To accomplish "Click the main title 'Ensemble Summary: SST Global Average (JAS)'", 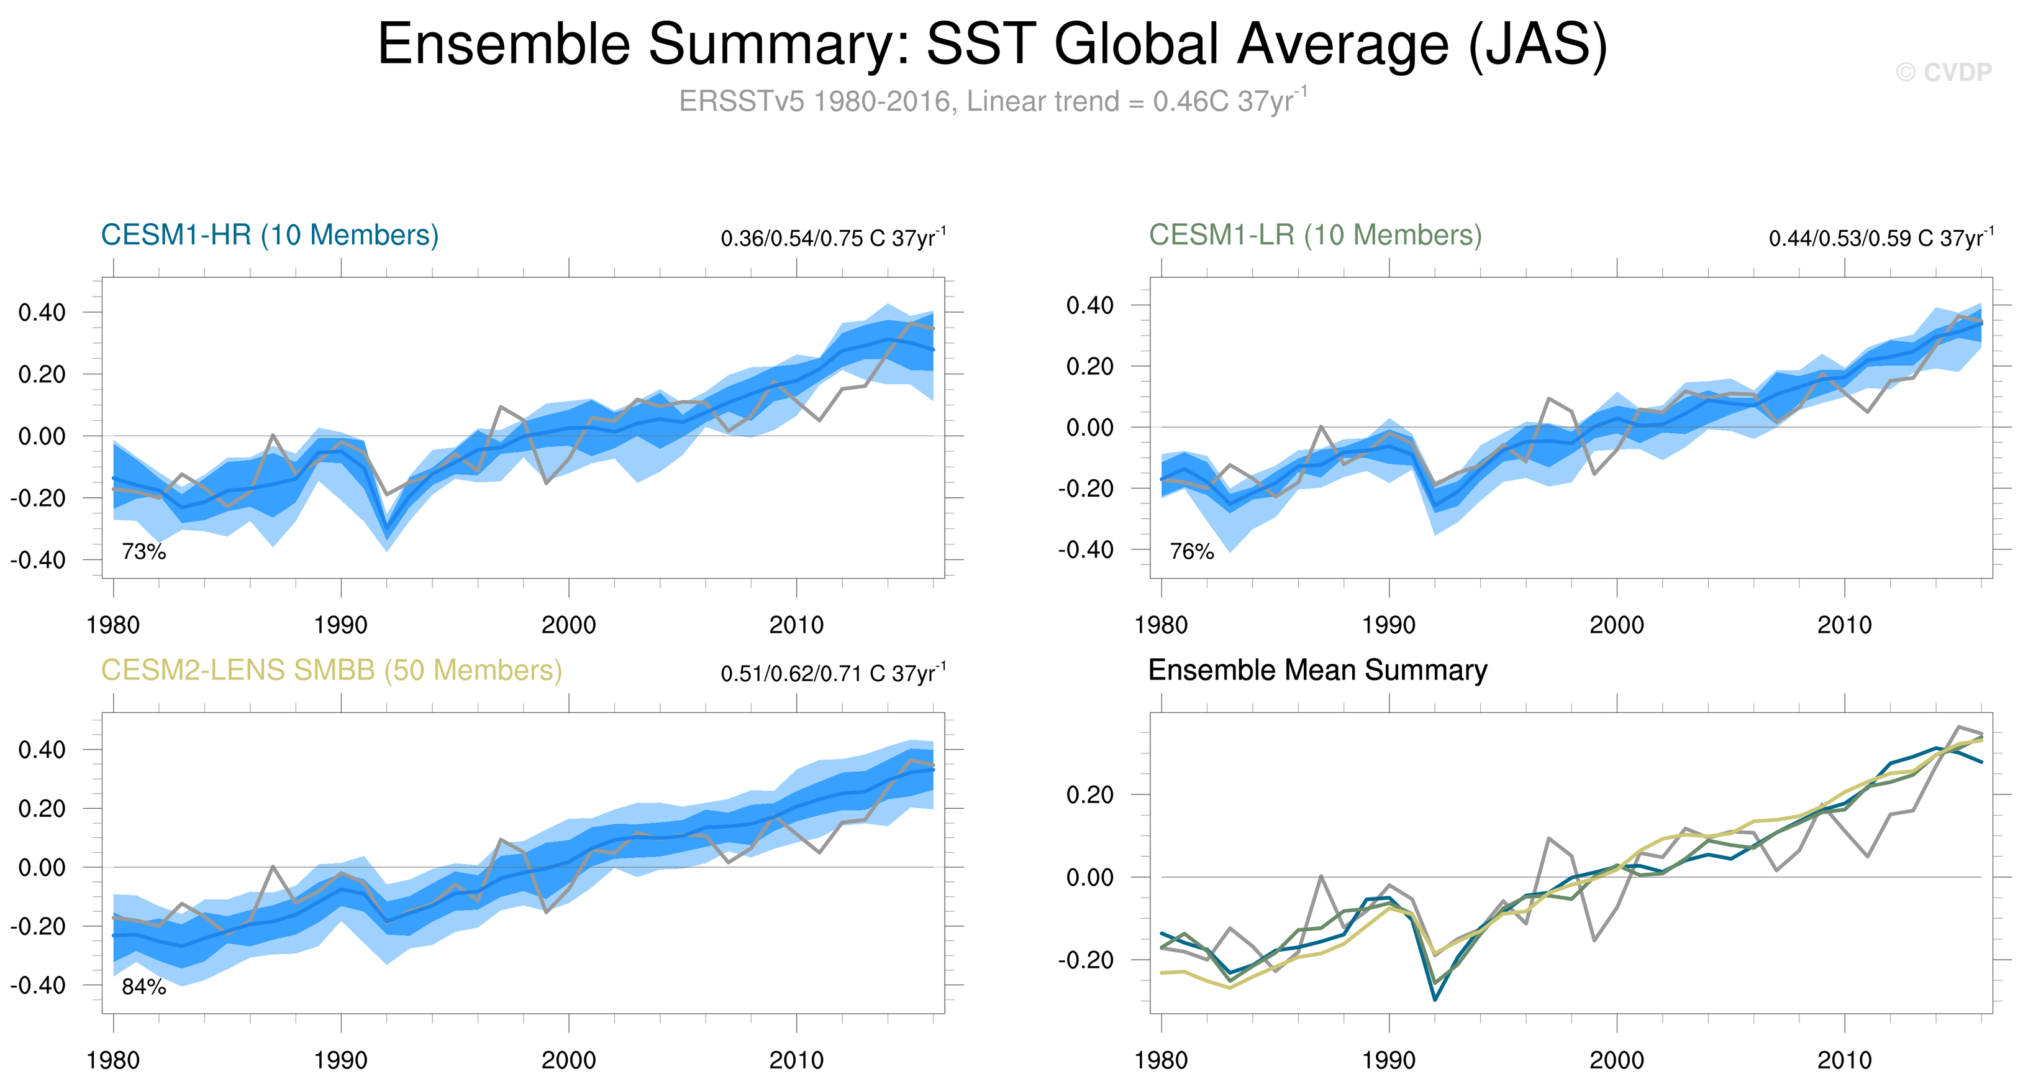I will tap(993, 44).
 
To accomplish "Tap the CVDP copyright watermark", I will tap(1943, 72).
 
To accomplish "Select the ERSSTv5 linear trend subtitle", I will tap(993, 101).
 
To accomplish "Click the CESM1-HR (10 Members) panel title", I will tap(270, 235).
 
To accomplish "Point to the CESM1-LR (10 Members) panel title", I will tap(1315, 235).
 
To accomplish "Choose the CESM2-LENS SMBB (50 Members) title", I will tap(332, 670).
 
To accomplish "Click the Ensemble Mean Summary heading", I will tap(1317, 670).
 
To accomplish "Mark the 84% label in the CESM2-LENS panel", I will tap(143, 987).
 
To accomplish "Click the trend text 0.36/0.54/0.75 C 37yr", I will tap(832, 238).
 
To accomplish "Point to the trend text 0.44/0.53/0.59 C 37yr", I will tap(1880, 238).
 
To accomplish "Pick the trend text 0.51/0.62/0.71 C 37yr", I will tap(832, 673).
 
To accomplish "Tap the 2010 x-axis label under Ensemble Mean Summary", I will tap(1844, 1060).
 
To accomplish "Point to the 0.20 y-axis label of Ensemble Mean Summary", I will tap(1090, 794).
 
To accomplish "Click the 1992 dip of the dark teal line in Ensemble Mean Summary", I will tap(1435, 999).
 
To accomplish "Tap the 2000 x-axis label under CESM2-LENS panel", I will tap(568, 1060).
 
